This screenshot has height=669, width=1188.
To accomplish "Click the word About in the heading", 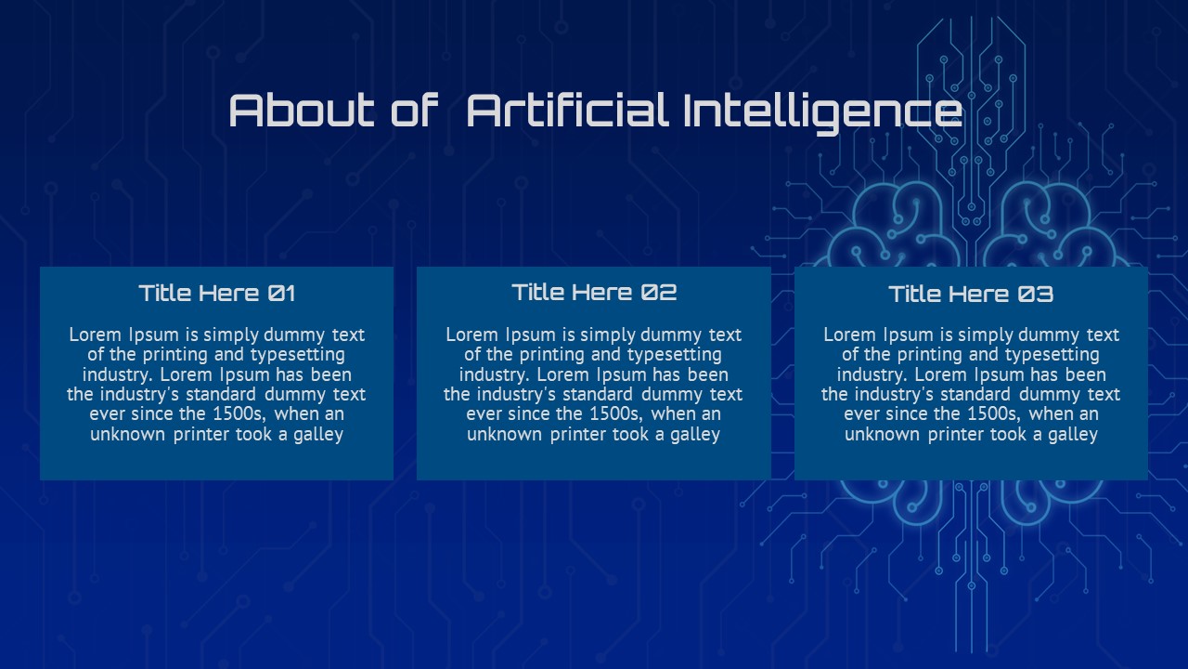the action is point(302,111).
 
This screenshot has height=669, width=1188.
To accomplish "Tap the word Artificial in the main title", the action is point(566,111).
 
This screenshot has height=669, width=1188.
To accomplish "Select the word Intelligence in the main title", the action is point(822,113).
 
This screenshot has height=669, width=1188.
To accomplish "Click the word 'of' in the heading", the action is point(414,111).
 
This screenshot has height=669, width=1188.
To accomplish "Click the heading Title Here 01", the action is point(217,293).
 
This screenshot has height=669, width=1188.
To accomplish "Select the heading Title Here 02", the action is point(594,292).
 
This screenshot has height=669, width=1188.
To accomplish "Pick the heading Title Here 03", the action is point(971,295).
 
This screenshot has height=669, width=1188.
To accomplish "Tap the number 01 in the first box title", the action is point(281,294).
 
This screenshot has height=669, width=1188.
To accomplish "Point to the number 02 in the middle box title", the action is point(659,293).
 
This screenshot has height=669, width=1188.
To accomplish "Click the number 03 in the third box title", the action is point(1035,295).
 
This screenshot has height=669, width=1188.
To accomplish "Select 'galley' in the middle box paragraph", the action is point(695,435).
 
